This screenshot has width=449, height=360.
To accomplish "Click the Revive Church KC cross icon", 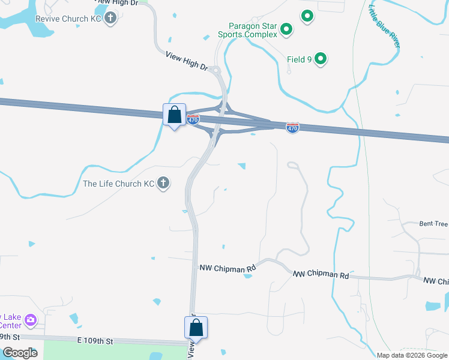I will (x=110, y=18).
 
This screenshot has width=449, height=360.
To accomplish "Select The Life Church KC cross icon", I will (x=163, y=184).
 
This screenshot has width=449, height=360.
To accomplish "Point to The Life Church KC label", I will (x=119, y=184).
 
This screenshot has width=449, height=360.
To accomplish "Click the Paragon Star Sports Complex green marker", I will (x=287, y=29).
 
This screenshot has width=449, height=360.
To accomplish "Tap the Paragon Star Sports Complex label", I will (x=253, y=30).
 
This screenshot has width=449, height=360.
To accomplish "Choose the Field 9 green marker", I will (x=321, y=59).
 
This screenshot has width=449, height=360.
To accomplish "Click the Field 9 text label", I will (x=299, y=59).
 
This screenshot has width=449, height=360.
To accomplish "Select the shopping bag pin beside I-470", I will (x=174, y=114).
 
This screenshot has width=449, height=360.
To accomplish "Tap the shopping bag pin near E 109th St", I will (x=196, y=328).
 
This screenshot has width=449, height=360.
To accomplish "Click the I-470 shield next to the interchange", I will (x=193, y=119).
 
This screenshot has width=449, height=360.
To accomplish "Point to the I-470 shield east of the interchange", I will (x=292, y=128).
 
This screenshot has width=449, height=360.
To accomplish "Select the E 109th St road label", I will (x=95, y=341).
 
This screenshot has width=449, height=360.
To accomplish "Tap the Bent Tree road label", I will (x=433, y=224).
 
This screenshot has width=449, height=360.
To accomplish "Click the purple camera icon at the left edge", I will (x=31, y=319).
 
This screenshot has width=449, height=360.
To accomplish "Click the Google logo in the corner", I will (x=19, y=353).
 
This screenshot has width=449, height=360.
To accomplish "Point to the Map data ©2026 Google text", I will (x=411, y=355).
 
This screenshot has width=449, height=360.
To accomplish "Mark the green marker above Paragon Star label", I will (x=307, y=16).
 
